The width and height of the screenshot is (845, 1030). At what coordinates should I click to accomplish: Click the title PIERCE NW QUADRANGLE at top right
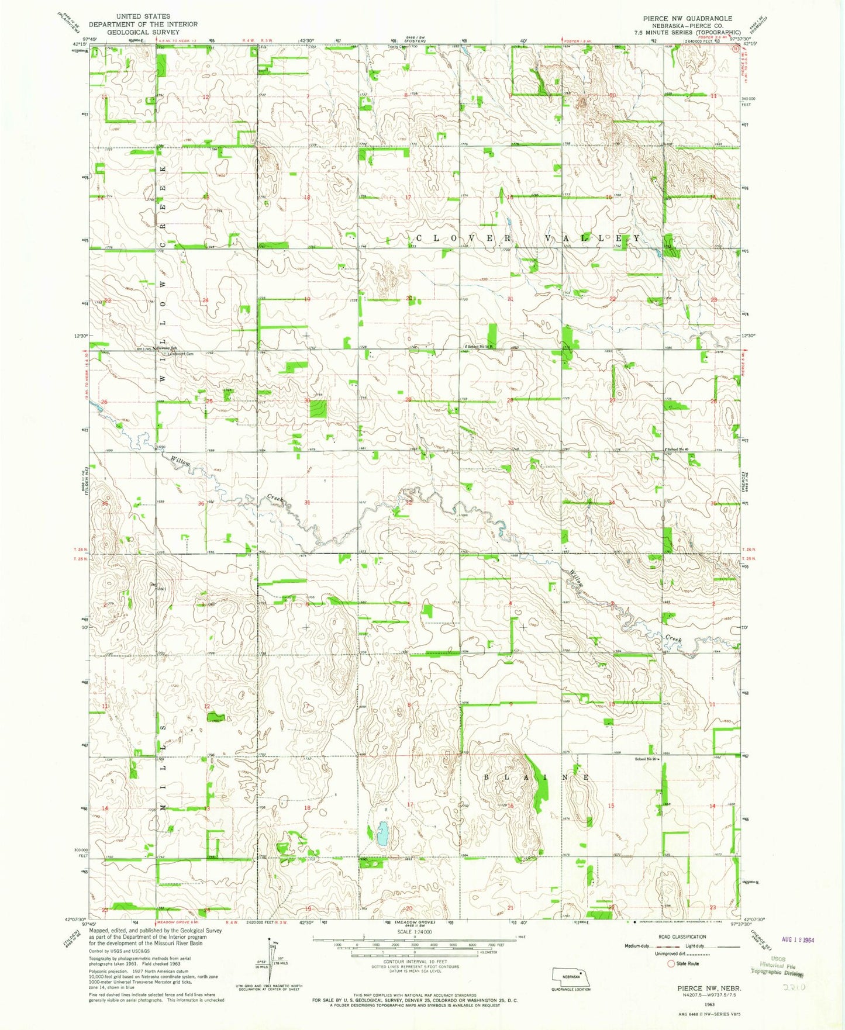[687, 18]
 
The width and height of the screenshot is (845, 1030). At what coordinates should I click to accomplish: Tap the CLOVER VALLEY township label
[527, 239]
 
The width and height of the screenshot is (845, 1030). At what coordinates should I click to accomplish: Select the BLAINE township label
[536, 777]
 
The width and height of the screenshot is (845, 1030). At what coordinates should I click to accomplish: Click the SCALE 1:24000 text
[415, 932]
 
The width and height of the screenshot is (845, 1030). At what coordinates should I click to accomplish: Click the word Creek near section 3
[674, 639]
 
